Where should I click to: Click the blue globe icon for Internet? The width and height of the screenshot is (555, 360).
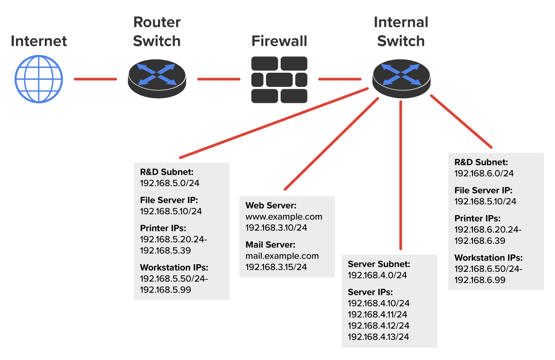tap(39, 79)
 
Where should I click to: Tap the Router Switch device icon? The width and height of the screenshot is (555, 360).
tap(157, 79)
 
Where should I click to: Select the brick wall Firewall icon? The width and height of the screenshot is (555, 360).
tap(279, 79)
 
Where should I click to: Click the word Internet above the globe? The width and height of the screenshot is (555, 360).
tap(39, 41)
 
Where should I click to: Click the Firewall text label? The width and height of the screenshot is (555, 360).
tap(279, 41)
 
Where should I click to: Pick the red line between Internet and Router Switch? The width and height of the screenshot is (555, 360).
tap(95, 79)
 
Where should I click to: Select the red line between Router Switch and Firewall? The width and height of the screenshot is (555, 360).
tap(218, 79)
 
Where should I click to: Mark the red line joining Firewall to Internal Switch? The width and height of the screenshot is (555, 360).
tap(340, 79)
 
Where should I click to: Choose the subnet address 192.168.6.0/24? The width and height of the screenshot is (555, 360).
tap(480, 173)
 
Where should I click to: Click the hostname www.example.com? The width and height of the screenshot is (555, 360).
tap(284, 217)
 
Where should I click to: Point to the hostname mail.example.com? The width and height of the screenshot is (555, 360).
tap(282, 256)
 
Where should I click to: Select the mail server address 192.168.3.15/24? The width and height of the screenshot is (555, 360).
tap(276, 267)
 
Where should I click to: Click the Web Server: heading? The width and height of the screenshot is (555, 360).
tap(271, 206)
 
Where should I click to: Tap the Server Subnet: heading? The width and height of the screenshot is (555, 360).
tap(379, 264)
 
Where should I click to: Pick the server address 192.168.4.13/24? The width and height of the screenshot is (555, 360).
tap(378, 337)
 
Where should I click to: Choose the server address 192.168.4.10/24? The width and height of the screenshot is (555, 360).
tap(378, 303)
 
